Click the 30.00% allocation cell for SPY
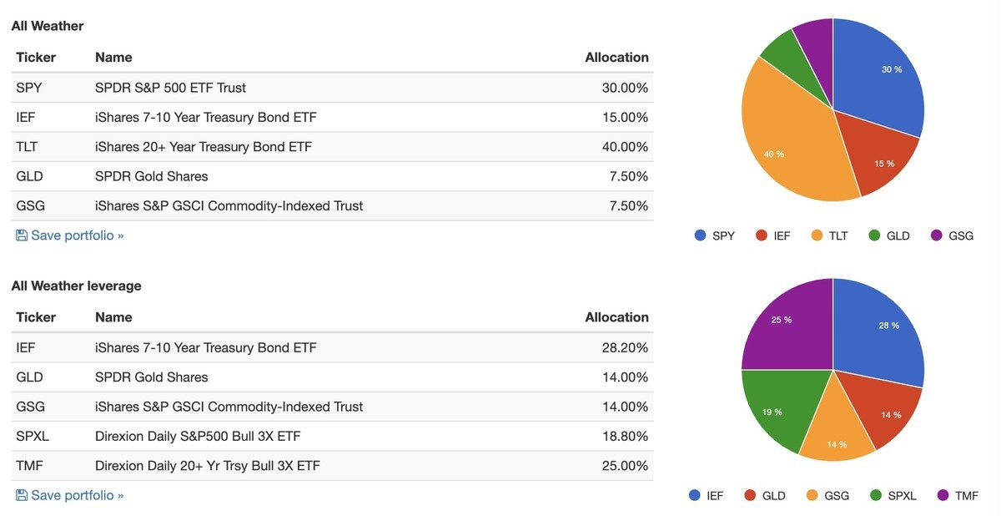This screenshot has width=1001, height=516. (x=625, y=88)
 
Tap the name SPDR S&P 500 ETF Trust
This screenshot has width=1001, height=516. (x=170, y=88)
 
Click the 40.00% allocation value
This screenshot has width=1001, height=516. (x=625, y=147)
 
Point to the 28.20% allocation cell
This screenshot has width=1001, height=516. (x=625, y=347)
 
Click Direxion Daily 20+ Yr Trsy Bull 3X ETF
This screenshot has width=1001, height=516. (x=207, y=466)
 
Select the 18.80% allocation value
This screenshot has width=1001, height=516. (x=625, y=437)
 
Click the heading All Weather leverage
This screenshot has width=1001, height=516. (x=76, y=286)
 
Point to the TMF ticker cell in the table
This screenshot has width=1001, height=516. (x=30, y=466)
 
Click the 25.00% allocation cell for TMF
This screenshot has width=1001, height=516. (x=625, y=466)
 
